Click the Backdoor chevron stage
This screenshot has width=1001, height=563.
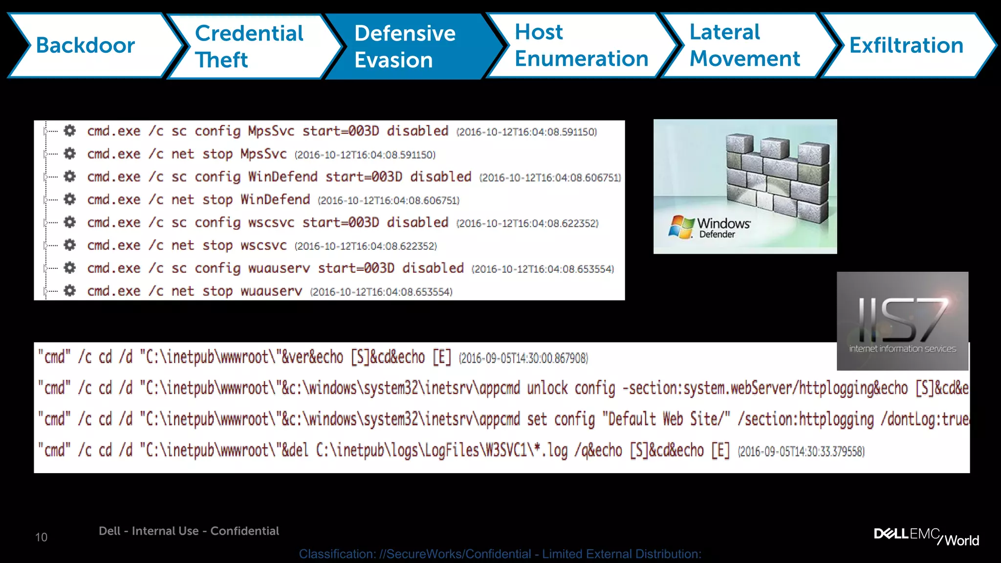click(x=86, y=45)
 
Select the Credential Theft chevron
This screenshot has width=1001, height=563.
click(x=249, y=46)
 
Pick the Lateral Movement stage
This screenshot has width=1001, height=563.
click(x=744, y=45)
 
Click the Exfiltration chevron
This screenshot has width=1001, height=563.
click(x=906, y=45)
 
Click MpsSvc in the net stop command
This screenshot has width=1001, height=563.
click(x=263, y=154)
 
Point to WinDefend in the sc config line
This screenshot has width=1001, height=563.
click(x=283, y=176)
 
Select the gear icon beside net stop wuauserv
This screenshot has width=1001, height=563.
click(x=70, y=291)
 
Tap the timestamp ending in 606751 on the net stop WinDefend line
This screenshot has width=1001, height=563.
click(x=388, y=200)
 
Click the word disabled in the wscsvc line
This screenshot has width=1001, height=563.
click(x=417, y=222)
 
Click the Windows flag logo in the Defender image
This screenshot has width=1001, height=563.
click(x=681, y=227)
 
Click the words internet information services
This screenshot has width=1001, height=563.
click(x=902, y=349)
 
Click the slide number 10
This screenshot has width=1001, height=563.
click(x=41, y=537)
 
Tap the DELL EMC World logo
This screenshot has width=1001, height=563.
click(x=926, y=536)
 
